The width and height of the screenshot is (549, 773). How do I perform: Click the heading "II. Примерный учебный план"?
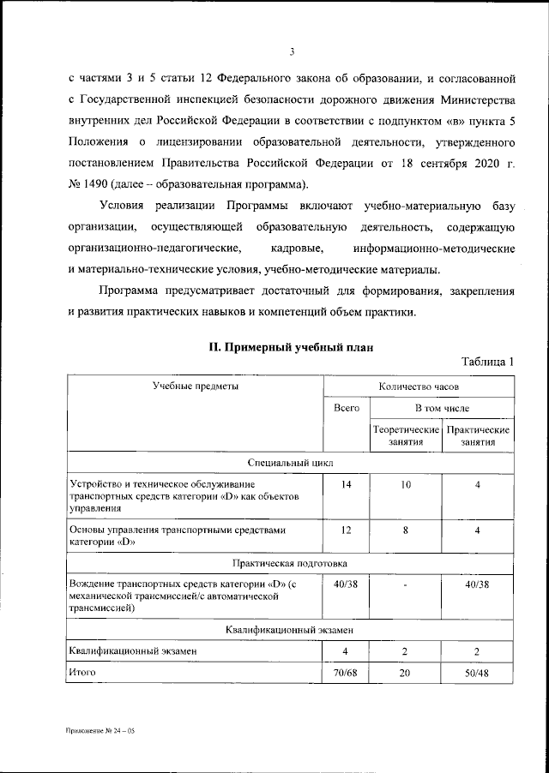click(291, 348)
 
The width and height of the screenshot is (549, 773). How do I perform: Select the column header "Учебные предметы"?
click(195, 386)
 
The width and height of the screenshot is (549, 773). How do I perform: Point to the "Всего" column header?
click(346, 409)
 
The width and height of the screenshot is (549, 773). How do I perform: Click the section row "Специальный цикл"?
click(291, 464)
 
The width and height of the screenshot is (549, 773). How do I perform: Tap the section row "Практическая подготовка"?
click(291, 564)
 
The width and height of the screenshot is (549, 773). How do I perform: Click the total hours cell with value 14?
click(346, 485)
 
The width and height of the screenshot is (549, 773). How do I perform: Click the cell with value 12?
click(346, 530)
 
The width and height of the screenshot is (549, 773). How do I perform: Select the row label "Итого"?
click(82, 673)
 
